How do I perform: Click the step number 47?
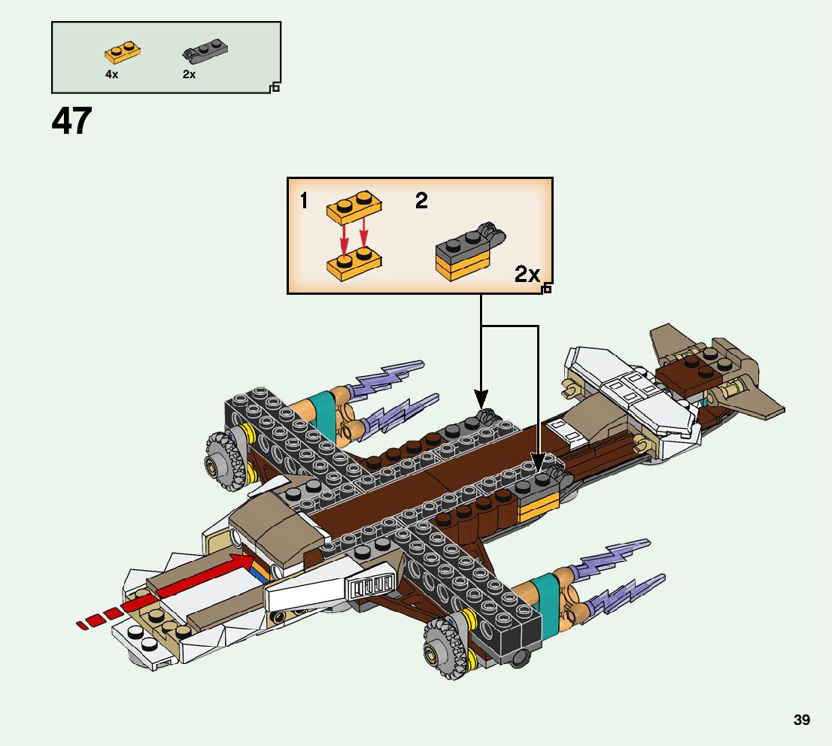click(x=72, y=122)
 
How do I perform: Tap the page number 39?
click(x=801, y=720)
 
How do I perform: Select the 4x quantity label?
click(x=111, y=74)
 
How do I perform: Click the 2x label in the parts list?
click(x=189, y=74)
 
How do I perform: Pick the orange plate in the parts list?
click(x=123, y=53)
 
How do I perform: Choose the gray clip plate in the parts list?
click(x=205, y=52)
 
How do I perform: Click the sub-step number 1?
click(x=304, y=201)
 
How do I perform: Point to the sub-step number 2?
click(x=421, y=201)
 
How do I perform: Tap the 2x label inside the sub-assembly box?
click(x=527, y=274)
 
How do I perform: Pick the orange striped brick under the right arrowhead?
click(x=538, y=508)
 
